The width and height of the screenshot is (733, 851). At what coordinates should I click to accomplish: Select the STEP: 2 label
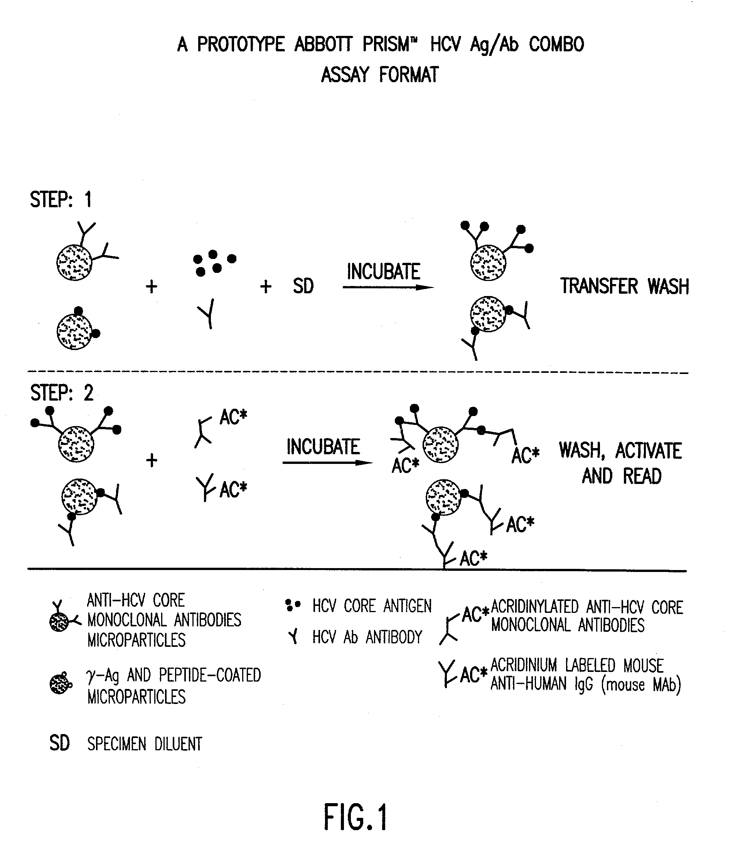click(62, 393)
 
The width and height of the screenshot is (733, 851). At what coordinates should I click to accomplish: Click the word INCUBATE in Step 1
click(383, 271)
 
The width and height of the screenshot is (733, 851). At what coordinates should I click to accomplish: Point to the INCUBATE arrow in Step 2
click(327, 463)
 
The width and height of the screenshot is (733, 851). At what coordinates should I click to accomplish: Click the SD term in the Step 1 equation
click(303, 286)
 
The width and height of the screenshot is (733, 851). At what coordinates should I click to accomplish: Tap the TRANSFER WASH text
click(624, 286)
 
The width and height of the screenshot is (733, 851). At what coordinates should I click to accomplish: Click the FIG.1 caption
click(356, 817)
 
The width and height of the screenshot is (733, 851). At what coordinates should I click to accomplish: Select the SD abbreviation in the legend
click(59, 743)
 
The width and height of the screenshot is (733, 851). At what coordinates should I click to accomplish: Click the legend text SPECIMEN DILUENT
click(145, 744)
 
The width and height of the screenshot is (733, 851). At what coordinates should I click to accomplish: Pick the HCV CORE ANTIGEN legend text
click(372, 606)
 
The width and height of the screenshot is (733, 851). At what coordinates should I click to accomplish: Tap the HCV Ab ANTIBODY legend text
click(367, 637)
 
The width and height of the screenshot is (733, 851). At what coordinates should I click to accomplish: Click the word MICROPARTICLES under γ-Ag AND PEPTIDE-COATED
click(136, 697)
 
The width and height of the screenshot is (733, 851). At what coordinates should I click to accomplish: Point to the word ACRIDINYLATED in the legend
click(534, 607)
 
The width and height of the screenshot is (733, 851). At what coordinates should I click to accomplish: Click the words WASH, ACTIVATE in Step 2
click(620, 450)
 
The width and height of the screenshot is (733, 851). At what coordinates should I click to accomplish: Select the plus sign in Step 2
click(152, 460)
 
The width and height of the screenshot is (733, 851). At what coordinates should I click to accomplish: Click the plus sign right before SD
click(266, 286)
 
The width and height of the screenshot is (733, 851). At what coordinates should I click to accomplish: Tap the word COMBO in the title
click(556, 44)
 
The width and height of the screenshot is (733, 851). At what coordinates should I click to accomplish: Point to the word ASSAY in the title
click(345, 75)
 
